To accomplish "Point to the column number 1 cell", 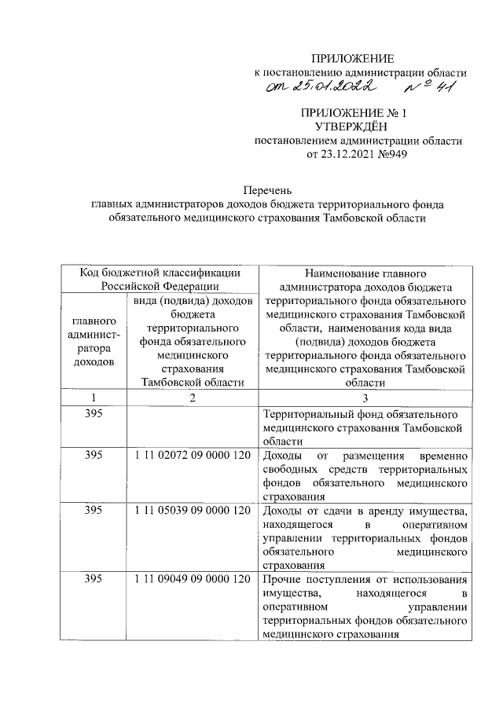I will coord(94,398).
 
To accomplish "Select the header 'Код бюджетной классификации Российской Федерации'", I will coord(160,278).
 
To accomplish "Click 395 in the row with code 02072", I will coord(94,456).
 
